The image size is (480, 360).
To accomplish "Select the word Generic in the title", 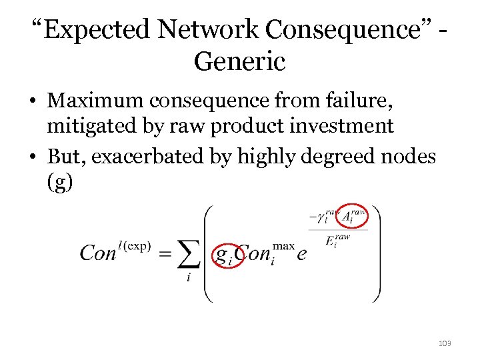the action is click(239, 62).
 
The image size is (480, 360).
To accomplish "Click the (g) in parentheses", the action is click(60, 181).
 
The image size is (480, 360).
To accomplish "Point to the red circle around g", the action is click(227, 254).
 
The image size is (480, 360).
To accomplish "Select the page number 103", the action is click(445, 343).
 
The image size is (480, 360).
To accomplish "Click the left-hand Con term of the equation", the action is click(98, 254).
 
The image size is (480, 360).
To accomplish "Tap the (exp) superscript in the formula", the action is click(137, 245).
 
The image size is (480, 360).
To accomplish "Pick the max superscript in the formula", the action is click(283, 245).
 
